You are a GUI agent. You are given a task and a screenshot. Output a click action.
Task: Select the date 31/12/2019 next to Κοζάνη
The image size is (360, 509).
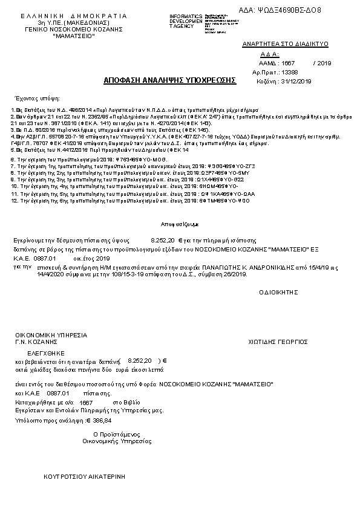297,81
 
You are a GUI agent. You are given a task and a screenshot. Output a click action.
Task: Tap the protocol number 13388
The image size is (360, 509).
289,71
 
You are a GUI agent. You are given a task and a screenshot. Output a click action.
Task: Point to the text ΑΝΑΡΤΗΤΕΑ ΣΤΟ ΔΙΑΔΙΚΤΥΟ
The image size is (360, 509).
284,44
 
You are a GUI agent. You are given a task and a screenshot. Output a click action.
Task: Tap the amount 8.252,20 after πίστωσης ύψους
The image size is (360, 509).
162,240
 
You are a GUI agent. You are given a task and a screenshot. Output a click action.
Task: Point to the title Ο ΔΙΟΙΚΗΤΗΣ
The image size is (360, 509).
279,291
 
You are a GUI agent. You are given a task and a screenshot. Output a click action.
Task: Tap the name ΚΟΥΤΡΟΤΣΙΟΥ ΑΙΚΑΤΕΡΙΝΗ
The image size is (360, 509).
84,477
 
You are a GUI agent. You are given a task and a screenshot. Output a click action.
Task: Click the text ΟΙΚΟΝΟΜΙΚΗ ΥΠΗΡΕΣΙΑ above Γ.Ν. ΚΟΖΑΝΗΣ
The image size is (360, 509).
51,335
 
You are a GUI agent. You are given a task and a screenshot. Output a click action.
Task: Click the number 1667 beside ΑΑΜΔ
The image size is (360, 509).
288,62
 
